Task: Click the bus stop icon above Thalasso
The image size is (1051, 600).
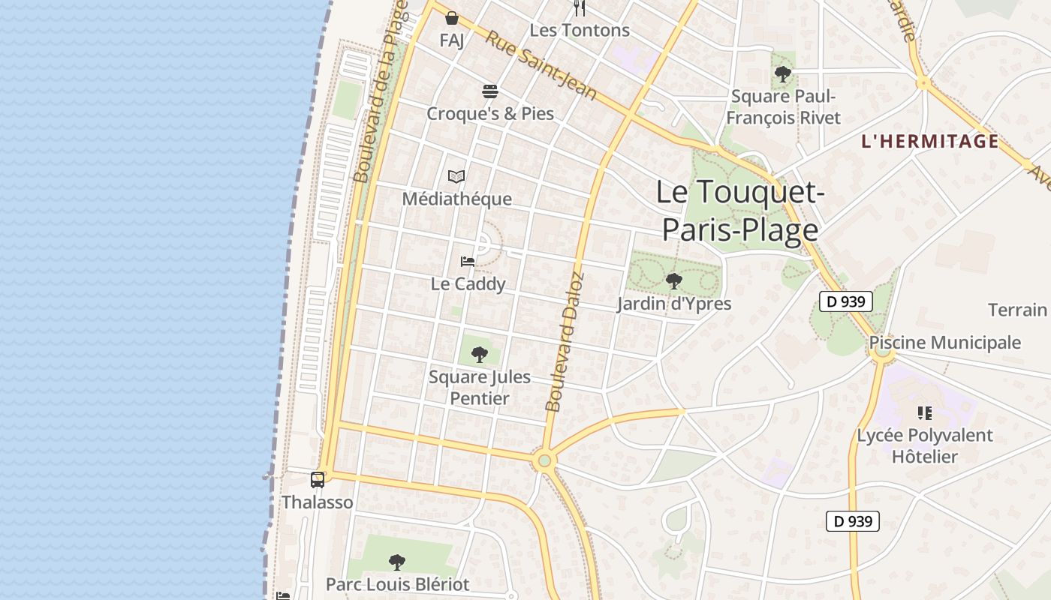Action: [318, 479]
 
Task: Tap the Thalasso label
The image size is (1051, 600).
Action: [317, 502]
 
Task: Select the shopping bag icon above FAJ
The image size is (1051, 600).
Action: [452, 18]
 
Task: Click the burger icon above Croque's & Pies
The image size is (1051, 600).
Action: [490, 91]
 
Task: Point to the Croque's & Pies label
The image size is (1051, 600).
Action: [490, 113]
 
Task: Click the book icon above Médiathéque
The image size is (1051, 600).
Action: [456, 177]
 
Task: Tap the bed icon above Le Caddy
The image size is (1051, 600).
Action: [468, 262]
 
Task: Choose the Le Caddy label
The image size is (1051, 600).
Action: [468, 283]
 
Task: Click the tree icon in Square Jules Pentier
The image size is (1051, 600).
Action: [479, 354]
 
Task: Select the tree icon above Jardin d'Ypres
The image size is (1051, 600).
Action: [674, 281]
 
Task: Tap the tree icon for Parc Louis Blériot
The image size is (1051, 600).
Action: [397, 562]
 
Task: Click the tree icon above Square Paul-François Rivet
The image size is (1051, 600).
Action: [783, 74]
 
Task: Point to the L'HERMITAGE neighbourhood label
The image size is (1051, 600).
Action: [930, 141]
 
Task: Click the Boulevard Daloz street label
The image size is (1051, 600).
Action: [565, 342]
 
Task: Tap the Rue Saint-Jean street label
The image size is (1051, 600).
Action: [541, 65]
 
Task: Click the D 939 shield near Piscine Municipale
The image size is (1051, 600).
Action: [845, 301]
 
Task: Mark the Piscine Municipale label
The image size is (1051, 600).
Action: [945, 343]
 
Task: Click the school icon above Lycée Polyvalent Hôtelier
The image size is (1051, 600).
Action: [925, 412]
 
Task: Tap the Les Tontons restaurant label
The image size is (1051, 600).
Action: [580, 30]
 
